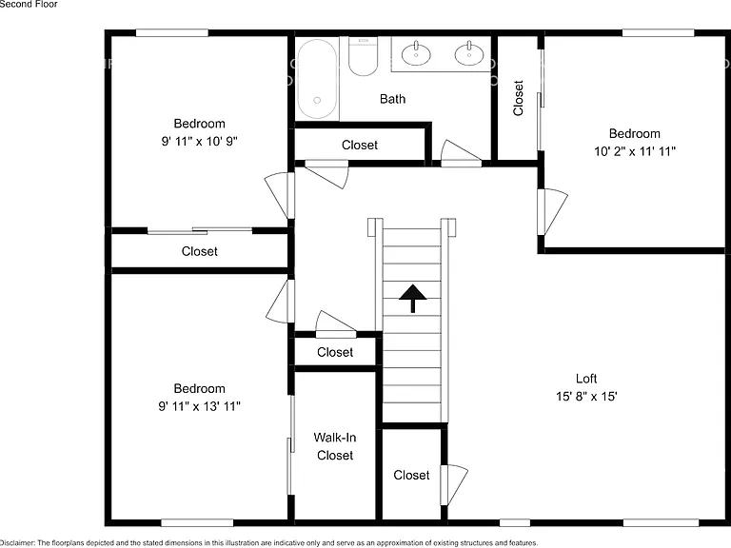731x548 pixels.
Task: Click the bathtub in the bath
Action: click(317, 78)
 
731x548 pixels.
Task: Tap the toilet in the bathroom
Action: click(363, 57)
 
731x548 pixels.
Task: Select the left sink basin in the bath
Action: click(416, 53)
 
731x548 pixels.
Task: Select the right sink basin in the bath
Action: click(469, 53)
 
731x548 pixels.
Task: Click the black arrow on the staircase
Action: click(412, 298)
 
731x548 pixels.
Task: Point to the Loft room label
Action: click(586, 379)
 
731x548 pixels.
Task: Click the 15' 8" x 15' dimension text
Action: click(586, 396)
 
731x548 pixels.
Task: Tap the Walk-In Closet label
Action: click(335, 446)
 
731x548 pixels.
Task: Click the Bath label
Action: click(392, 99)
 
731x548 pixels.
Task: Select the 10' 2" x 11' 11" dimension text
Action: click(635, 151)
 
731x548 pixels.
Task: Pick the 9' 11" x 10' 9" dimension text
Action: click(200, 141)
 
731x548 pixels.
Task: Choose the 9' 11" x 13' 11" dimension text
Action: click(200, 406)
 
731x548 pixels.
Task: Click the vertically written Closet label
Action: click(518, 98)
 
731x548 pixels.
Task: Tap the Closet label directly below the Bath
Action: click(360, 145)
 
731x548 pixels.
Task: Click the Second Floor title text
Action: click(29, 4)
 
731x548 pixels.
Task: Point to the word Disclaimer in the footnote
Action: click(16, 543)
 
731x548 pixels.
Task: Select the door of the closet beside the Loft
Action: click(454, 484)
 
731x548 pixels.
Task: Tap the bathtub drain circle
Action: click(317, 100)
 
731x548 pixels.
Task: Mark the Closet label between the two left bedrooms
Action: click(200, 251)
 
